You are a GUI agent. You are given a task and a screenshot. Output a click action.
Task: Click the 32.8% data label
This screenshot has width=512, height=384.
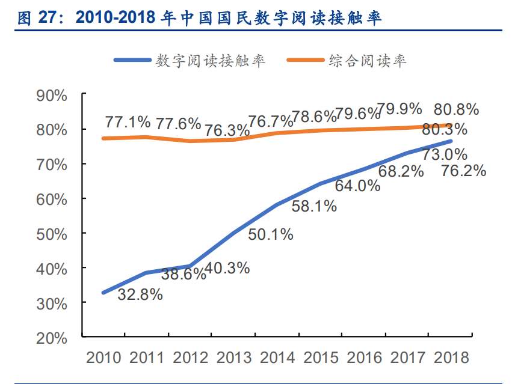[x=140, y=294]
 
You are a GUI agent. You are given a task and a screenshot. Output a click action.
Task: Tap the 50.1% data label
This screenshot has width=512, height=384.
[x=270, y=235]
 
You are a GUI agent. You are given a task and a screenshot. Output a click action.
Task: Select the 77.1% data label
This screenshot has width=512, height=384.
[x=128, y=123]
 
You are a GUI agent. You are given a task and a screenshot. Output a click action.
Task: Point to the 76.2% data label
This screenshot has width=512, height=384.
[x=463, y=171]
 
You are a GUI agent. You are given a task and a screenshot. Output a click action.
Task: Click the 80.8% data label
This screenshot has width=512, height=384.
[x=456, y=109]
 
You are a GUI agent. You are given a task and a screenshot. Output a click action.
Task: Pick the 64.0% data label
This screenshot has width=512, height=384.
[x=357, y=186]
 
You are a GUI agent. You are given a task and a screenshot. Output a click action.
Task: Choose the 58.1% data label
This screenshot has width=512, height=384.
[x=313, y=207]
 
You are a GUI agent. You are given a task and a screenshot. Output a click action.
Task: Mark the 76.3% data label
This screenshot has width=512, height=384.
[x=227, y=130]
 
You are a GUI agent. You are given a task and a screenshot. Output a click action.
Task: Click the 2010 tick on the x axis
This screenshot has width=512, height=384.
[x=103, y=358]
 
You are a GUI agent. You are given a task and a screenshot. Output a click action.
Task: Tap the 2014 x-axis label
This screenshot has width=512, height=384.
[x=278, y=358]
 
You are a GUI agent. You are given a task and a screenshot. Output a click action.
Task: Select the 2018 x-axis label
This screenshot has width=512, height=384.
[x=452, y=358]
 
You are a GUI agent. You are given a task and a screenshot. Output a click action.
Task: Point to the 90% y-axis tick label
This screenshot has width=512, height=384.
[x=52, y=95]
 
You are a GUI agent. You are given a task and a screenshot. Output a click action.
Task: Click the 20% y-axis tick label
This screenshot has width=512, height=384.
[x=52, y=338]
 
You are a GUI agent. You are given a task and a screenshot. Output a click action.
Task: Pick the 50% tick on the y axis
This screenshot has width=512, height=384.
[x=52, y=233]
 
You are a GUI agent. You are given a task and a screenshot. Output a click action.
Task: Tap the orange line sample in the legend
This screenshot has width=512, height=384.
[x=305, y=60]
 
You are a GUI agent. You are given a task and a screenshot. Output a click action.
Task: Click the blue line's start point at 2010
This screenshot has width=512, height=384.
[x=103, y=293]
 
